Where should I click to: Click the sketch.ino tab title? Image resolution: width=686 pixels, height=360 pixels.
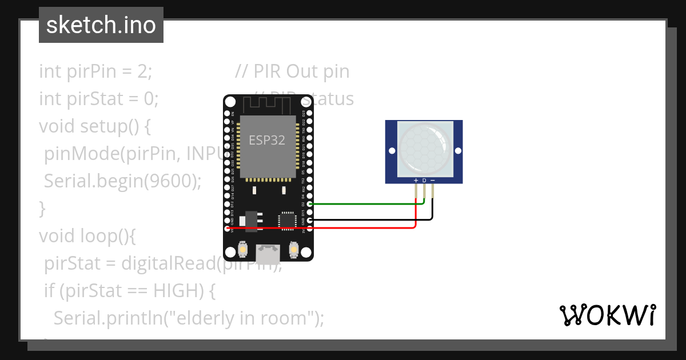101,25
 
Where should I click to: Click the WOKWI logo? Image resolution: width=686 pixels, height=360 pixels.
607,315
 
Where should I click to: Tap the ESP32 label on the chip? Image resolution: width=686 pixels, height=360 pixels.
267,140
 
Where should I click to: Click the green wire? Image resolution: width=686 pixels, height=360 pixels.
366,203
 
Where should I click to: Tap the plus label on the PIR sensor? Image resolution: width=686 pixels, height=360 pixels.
416,181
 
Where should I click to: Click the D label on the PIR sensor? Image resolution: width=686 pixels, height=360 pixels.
424,181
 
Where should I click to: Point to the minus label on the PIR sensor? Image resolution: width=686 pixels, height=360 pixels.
433,181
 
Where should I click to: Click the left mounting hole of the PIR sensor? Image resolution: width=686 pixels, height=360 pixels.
392,151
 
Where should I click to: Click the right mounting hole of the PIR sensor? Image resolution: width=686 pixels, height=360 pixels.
457,150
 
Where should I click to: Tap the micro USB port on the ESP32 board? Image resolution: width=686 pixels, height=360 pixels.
268,250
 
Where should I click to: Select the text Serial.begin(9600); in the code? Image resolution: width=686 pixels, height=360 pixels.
123,181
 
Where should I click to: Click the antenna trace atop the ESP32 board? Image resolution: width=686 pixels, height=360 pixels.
268,105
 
